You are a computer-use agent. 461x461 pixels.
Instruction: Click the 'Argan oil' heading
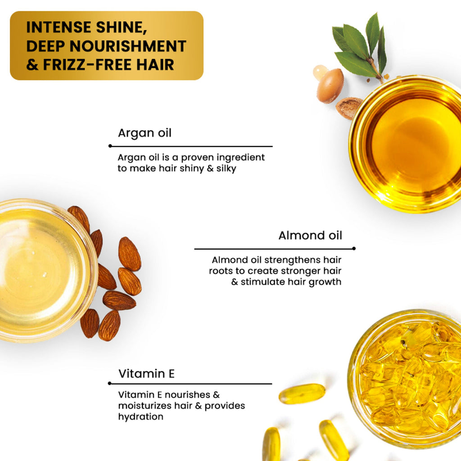[145, 133]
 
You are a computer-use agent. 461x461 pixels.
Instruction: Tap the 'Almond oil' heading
[310, 235]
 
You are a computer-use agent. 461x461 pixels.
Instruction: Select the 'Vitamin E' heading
[146, 374]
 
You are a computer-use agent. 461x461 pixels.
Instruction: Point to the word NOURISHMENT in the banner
[128, 46]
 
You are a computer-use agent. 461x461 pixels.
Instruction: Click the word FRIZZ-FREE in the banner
[87, 65]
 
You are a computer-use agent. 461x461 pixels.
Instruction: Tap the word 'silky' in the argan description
[226, 169]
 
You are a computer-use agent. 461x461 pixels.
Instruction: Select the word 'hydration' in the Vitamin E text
[140, 416]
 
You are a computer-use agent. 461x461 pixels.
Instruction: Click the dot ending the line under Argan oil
[110, 146]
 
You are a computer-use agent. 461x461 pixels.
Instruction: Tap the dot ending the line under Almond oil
[354, 249]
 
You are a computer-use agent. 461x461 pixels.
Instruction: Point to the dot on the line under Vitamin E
[110, 383]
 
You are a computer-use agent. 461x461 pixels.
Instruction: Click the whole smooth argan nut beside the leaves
[330, 86]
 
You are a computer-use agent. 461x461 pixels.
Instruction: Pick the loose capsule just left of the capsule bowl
[302, 393]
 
